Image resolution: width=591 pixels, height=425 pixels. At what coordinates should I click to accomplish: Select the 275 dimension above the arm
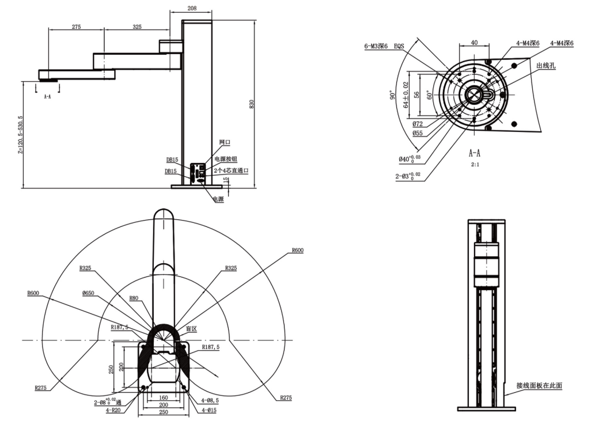coord(76,26)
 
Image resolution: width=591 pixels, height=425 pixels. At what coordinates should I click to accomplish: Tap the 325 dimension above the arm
coord(137,26)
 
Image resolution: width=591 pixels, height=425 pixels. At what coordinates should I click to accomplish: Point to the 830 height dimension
coord(251,104)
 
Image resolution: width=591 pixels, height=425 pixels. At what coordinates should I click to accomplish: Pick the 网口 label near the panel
coord(225,142)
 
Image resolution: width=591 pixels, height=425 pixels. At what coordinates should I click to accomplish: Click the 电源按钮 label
coord(226,158)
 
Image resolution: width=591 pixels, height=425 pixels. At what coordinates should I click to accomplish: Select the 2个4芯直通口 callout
coord(230,170)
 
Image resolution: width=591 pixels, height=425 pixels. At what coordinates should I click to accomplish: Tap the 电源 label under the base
coord(218,199)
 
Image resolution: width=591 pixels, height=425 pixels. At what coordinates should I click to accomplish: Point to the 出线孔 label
coord(545,66)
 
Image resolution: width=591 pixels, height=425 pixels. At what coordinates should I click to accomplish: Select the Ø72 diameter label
coord(418,124)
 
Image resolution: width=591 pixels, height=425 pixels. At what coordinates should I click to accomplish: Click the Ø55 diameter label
coord(418,134)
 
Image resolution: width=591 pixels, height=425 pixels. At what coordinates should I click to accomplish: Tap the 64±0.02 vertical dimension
coord(406,95)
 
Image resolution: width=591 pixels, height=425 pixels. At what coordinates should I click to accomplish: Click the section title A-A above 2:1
coord(474,154)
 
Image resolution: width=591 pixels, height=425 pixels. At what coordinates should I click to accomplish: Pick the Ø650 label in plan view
coord(88,293)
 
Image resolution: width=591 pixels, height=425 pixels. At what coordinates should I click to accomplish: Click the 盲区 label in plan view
coord(191,328)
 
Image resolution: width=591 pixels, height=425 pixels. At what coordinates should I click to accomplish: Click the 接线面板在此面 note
coord(539,385)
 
